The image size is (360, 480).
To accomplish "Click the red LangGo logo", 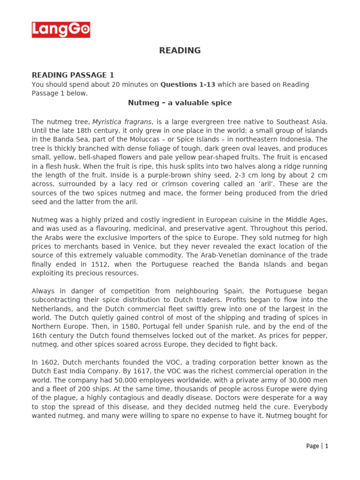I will (61, 30).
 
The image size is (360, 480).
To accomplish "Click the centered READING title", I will (180, 51).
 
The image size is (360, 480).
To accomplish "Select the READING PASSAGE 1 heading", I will (73, 75).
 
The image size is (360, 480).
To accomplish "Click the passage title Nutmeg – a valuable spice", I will (180, 103).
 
